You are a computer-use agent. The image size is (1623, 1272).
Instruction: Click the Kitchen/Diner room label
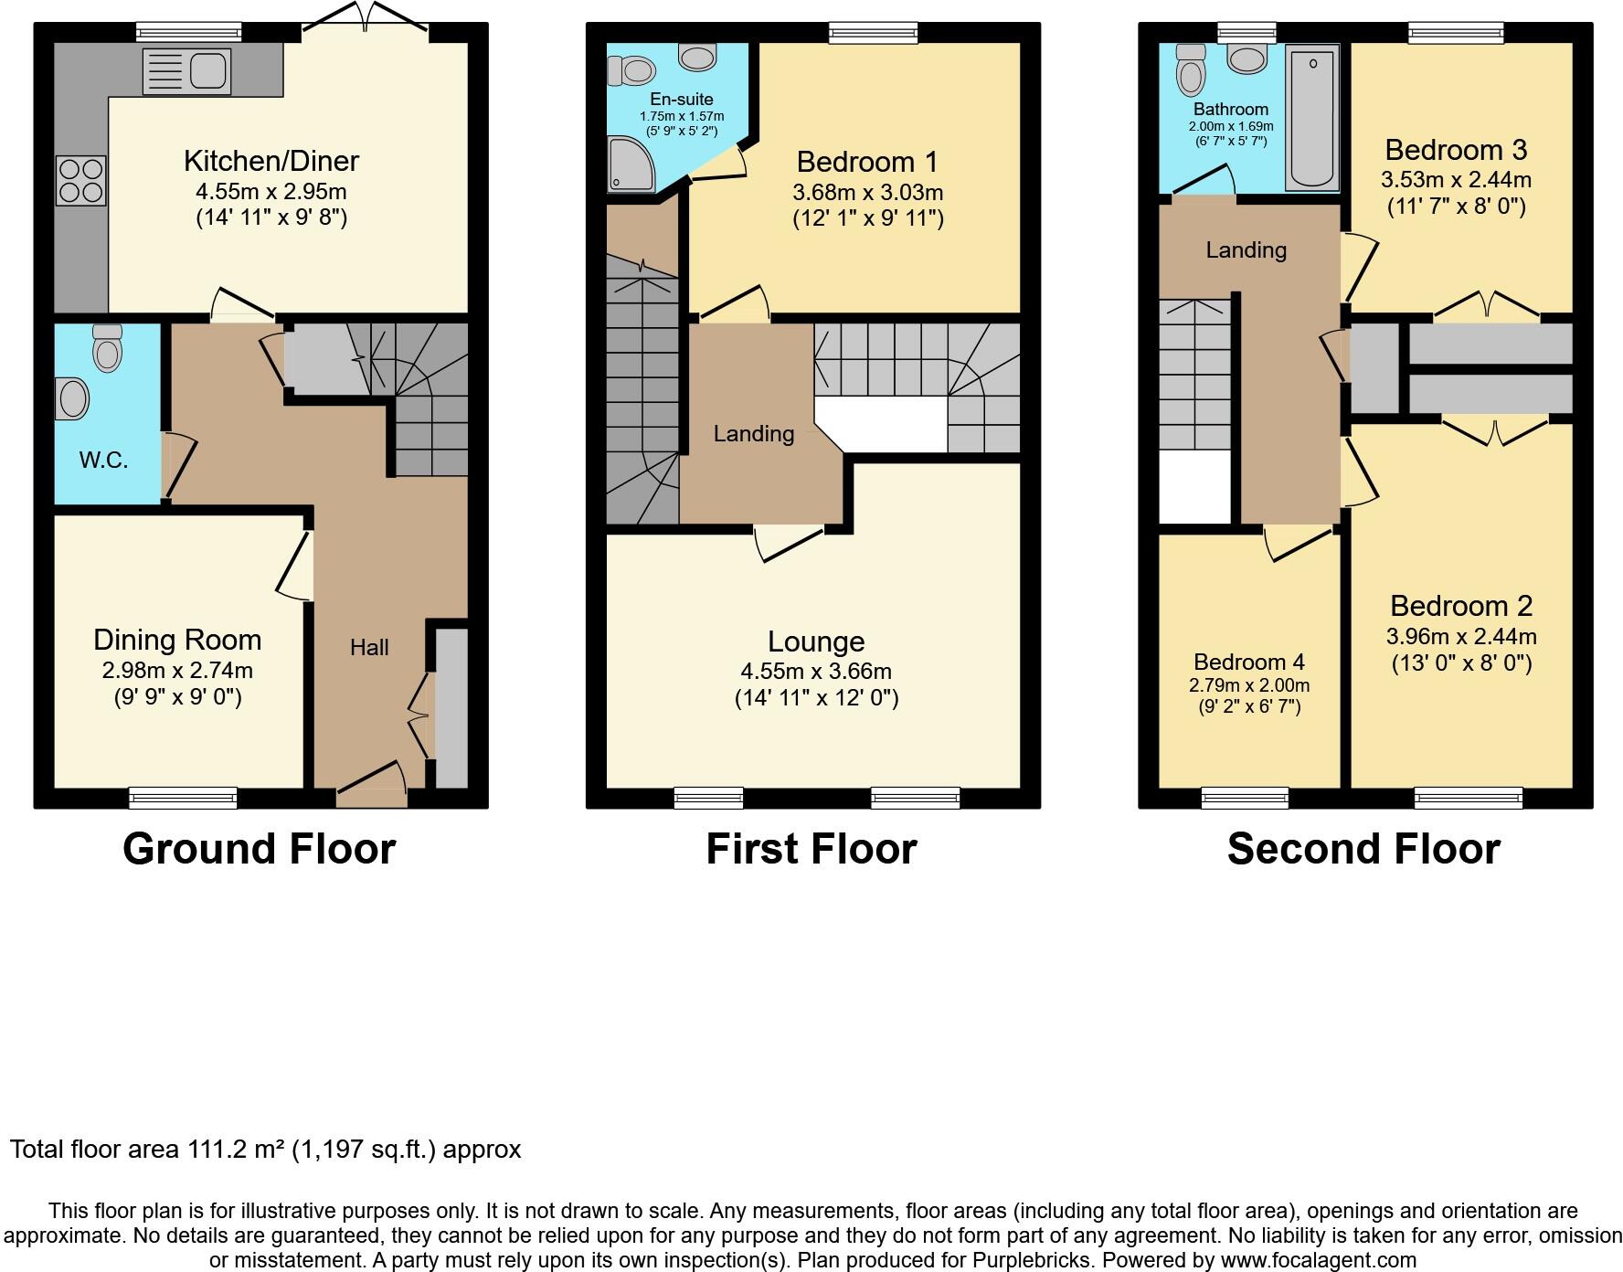(271, 161)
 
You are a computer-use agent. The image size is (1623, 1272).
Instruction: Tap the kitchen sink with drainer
(186, 71)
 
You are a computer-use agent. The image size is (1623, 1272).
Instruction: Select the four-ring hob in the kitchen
(81, 181)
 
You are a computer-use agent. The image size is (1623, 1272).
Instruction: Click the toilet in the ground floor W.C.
(107, 348)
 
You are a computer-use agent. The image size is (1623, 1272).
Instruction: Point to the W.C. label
(103, 460)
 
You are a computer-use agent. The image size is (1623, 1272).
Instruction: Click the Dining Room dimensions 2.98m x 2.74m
(177, 670)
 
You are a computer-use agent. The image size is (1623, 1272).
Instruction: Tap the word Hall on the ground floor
(369, 647)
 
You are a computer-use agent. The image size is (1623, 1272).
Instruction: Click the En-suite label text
(682, 99)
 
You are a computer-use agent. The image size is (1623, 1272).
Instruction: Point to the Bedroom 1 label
(867, 162)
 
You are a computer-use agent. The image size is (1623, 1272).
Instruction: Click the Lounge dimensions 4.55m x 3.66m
(816, 671)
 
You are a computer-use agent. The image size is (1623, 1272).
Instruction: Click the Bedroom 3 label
(1456, 150)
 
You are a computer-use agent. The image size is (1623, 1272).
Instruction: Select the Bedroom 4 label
(1249, 662)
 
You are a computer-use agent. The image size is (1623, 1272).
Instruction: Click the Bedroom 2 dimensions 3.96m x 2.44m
(1461, 636)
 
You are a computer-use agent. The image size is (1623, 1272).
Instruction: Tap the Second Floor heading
(1363, 849)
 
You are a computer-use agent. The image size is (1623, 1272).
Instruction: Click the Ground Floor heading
(260, 849)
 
